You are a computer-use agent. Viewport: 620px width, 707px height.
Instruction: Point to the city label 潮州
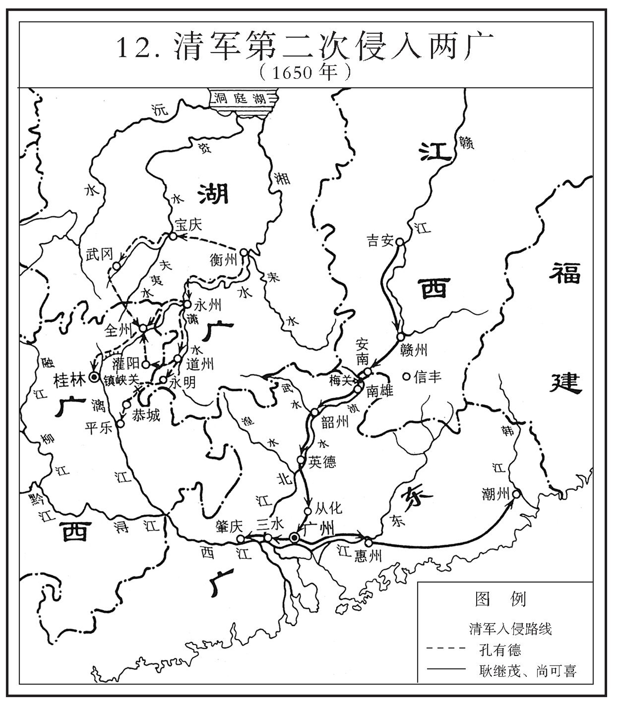[x=495, y=493]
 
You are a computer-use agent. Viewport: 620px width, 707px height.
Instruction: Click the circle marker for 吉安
[x=399, y=242]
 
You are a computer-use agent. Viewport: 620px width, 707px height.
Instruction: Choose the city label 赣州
[x=413, y=350]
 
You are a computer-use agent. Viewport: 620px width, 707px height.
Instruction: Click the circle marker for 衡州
[x=244, y=252]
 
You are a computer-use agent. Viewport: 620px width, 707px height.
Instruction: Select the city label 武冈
[x=99, y=254]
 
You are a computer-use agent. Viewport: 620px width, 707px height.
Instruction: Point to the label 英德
[x=322, y=462]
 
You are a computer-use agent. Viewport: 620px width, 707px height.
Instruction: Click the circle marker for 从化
[x=308, y=511]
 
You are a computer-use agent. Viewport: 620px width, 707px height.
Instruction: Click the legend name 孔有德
[x=500, y=650]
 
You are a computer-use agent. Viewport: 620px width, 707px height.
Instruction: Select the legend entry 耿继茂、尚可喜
[x=527, y=671]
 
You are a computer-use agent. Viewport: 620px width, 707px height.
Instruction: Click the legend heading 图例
[x=500, y=599]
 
